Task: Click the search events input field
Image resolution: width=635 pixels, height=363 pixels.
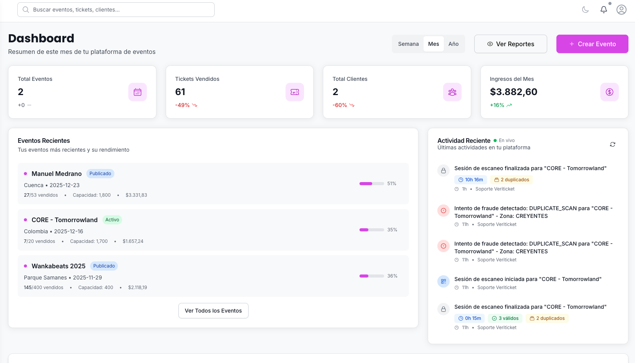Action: [x=116, y=10]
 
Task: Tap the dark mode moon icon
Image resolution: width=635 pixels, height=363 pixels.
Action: [x=585, y=10]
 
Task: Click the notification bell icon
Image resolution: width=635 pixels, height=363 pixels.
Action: [x=604, y=10]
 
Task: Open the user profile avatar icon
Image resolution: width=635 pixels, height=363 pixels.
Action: [x=621, y=10]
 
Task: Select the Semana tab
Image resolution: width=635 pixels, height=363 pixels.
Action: [x=408, y=44]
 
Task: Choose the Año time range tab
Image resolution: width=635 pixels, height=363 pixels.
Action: [x=453, y=44]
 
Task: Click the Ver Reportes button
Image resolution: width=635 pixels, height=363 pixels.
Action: [x=511, y=44]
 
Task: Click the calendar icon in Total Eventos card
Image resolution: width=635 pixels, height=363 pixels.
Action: [x=138, y=92]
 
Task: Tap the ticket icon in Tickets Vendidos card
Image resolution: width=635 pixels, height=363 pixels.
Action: [x=295, y=92]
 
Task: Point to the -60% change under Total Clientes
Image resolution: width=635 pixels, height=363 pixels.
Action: [x=340, y=105]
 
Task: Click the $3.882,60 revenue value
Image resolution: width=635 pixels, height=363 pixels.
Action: [x=513, y=92]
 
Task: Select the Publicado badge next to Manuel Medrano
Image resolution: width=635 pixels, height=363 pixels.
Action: [x=100, y=174]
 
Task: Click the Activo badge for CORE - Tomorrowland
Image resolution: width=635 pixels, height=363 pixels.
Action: [x=112, y=220]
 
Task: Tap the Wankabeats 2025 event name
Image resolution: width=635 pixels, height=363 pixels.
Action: [x=59, y=266]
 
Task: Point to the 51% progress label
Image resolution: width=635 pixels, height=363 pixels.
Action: [x=391, y=184]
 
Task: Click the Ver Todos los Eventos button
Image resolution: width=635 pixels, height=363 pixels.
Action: [x=213, y=311]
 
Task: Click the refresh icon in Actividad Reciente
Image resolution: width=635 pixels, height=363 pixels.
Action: [x=612, y=144]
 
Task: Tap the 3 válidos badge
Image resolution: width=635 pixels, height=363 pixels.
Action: [x=505, y=318]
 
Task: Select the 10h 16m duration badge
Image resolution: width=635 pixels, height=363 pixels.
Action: [x=470, y=180]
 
